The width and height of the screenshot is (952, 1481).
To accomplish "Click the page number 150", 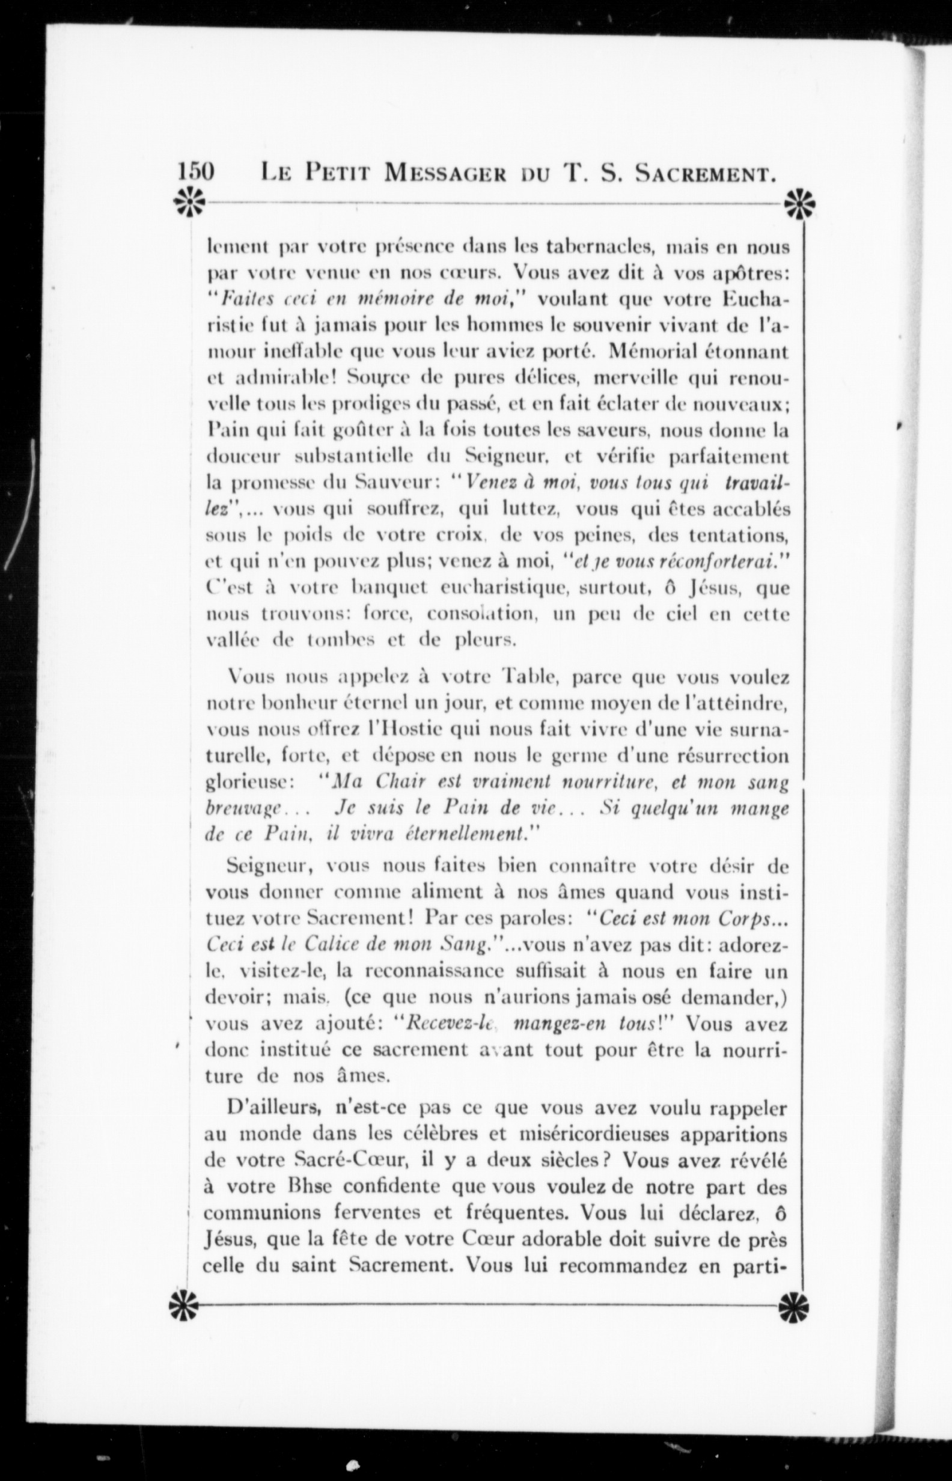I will tap(196, 171).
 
